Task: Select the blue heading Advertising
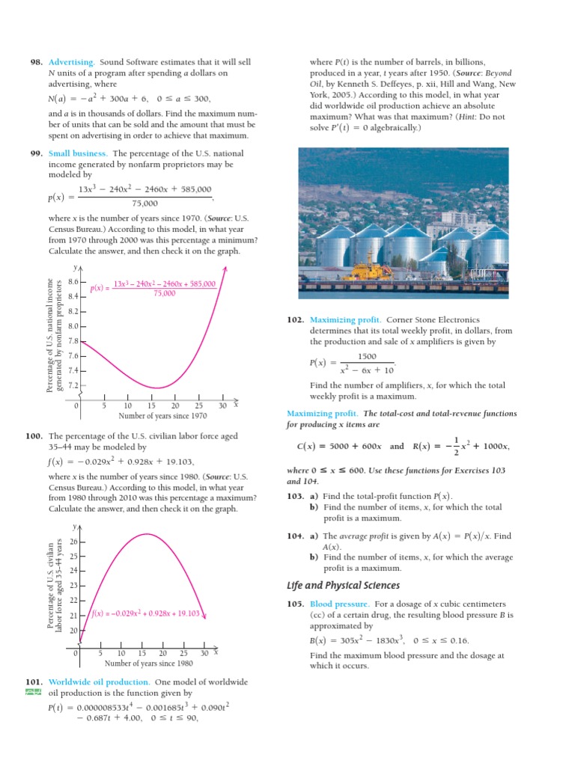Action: (x=71, y=61)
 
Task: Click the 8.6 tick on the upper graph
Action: (x=73, y=282)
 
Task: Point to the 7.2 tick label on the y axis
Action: (x=73, y=385)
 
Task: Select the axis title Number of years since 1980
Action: (x=149, y=663)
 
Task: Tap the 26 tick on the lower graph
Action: (x=73, y=542)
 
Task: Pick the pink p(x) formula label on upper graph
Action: (x=153, y=289)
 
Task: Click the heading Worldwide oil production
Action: (x=99, y=682)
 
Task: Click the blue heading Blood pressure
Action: (x=338, y=604)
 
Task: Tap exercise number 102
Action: (x=295, y=319)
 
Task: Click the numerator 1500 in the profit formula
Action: (x=367, y=357)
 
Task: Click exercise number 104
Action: (x=295, y=536)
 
